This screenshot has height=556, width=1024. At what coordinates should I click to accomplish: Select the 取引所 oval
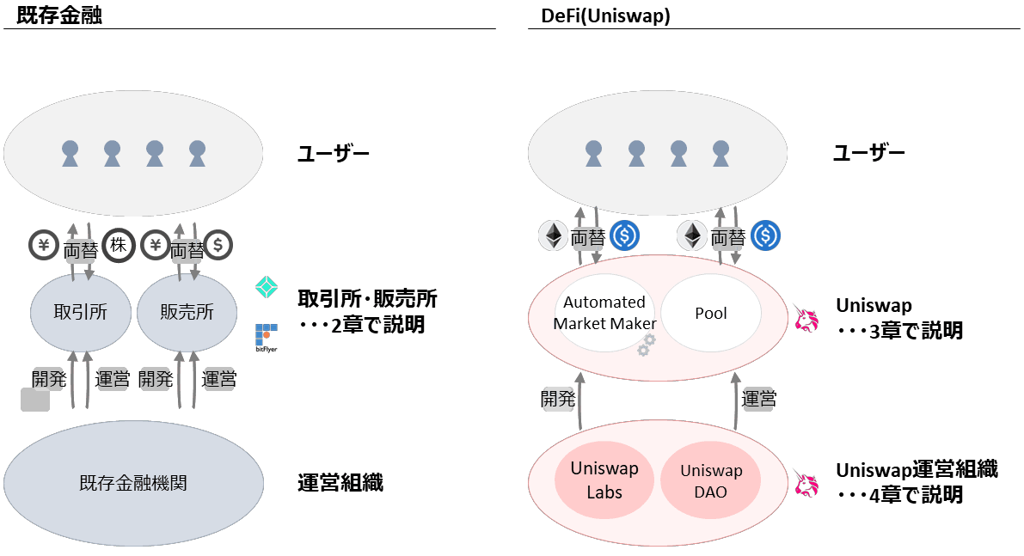point(80,312)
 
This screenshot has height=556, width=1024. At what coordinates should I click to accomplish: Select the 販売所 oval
point(187,312)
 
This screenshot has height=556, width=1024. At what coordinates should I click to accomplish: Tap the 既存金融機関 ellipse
point(132,483)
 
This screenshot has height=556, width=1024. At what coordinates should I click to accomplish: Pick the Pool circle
point(711,313)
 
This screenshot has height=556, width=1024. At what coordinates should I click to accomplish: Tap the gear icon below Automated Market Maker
point(646,345)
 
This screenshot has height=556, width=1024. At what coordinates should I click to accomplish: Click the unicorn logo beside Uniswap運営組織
point(805,483)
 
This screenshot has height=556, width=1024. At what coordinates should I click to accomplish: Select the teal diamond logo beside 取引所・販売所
point(268,288)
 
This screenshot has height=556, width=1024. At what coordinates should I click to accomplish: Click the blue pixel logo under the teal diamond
point(267,338)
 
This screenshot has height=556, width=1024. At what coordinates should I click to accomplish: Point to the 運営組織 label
point(340,483)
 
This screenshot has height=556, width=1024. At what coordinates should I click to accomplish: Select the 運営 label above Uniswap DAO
point(759,399)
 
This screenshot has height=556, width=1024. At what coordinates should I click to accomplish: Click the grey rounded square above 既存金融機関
point(35,400)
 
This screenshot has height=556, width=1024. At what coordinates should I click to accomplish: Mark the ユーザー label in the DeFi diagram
point(868,154)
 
